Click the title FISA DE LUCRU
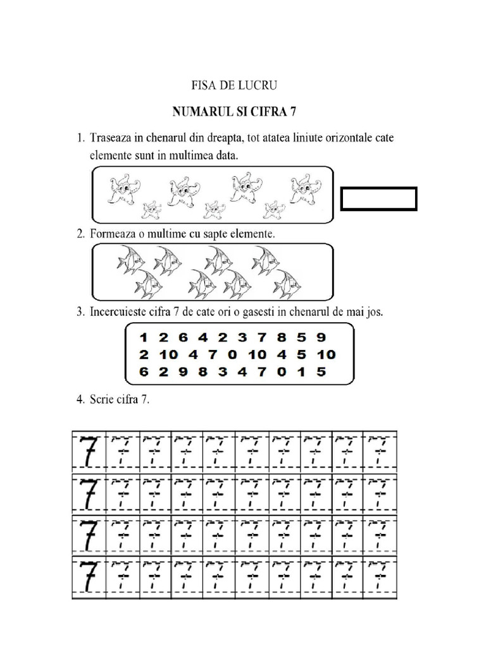tap(234, 85)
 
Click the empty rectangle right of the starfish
tap(378, 198)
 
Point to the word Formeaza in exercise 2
tap(111, 234)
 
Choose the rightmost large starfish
tap(304, 188)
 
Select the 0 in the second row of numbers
tap(232, 354)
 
